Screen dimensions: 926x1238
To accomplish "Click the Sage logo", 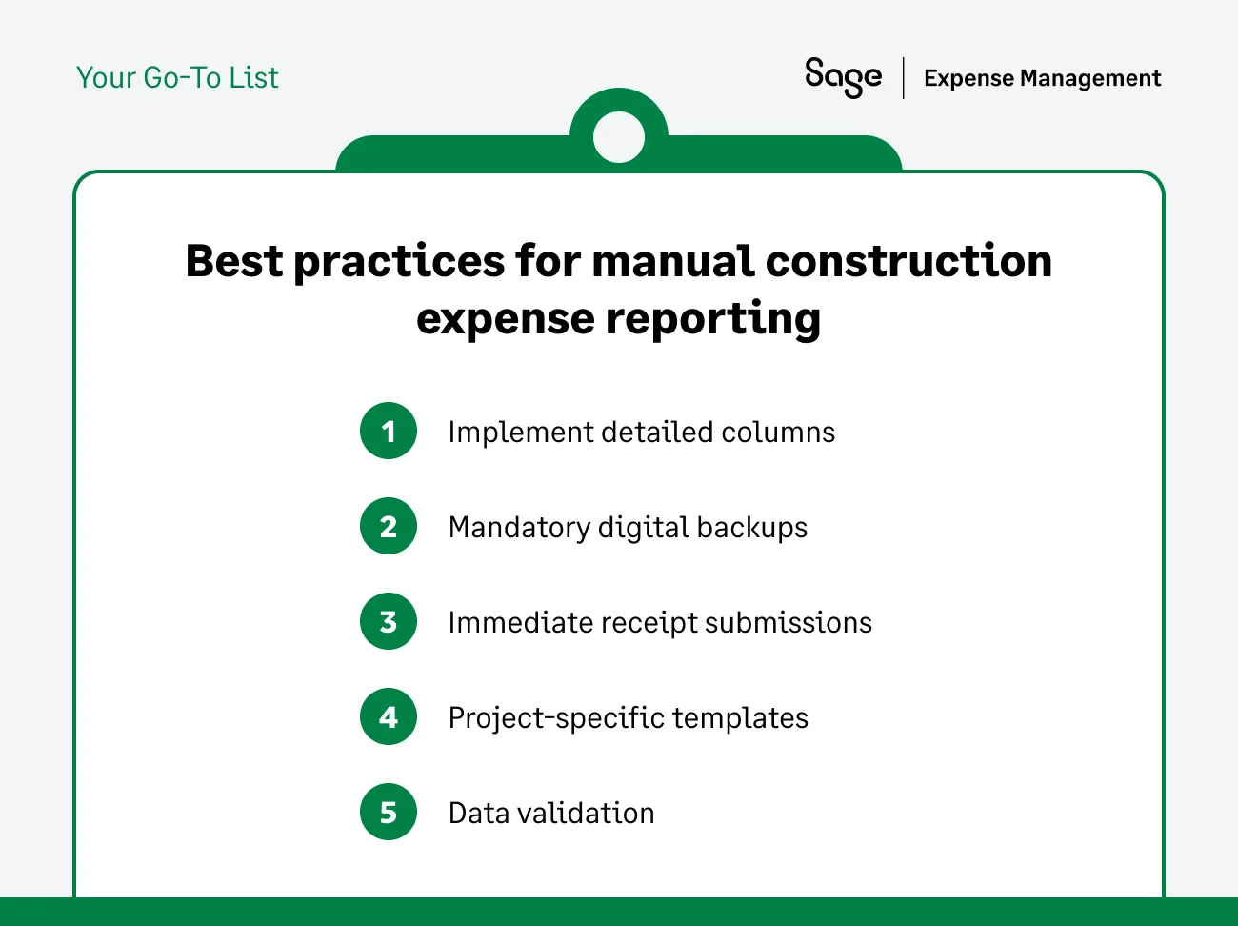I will click(843, 76).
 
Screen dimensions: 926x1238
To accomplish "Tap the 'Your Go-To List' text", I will click(177, 77).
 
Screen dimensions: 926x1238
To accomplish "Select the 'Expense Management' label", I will click(1042, 78).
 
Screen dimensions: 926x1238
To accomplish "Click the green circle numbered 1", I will click(389, 432).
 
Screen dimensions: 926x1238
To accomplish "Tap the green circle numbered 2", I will click(389, 527).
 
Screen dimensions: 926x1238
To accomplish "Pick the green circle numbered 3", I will click(389, 622).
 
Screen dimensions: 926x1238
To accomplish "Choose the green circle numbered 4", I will click(389, 717).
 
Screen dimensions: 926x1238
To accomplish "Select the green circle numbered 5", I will click(389, 813).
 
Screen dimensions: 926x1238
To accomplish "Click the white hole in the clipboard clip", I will click(619, 137).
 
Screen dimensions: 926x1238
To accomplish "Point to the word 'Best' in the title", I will click(234, 261).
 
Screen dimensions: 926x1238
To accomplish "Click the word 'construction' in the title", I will click(909, 261).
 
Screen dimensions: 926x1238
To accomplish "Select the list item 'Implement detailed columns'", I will click(641, 433).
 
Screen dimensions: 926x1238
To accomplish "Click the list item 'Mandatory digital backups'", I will click(628, 528).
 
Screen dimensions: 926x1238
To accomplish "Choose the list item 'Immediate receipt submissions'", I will click(660, 623).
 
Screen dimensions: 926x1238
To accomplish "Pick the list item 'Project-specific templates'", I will click(628, 718).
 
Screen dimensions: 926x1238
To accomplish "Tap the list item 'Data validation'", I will click(551, 814).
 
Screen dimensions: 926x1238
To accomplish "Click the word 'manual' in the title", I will click(672, 261).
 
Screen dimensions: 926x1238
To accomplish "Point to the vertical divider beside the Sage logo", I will click(904, 78).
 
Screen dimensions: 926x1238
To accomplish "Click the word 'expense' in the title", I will click(505, 319).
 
